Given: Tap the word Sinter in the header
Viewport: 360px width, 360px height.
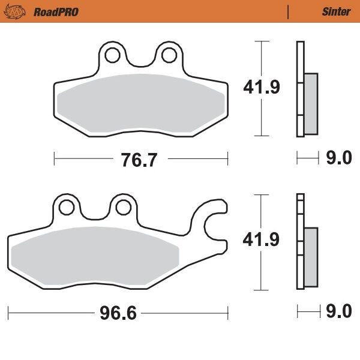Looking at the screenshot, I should pos(336,11).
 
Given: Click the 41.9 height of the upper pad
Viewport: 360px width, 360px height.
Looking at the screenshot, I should pos(261,88).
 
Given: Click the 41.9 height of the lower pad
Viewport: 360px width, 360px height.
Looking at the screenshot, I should pos(261,240).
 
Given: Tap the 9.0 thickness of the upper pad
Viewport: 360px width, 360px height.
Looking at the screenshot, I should pos(338,158).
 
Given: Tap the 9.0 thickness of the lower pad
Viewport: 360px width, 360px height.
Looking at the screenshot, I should pos(338,312).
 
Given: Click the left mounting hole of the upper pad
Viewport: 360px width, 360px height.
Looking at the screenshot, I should pos(111,55).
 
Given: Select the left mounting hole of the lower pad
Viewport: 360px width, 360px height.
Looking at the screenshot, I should pos(67,207).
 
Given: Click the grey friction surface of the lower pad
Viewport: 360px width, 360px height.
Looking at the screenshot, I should pos(96,256).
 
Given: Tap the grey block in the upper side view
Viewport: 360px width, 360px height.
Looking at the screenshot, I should pos(311,103).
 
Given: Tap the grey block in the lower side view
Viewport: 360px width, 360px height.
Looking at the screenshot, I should pos(311,257).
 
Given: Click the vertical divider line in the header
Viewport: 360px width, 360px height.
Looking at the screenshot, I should pos(289,11).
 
